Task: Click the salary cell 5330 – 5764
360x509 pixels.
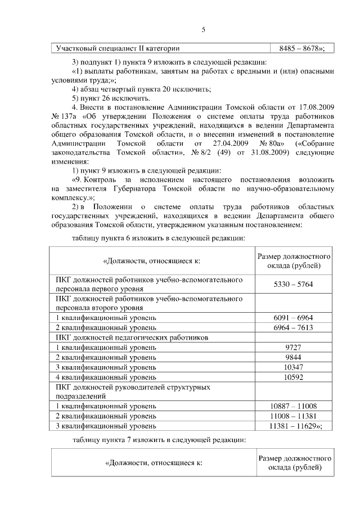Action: click(293, 284)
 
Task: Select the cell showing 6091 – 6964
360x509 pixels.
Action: click(293, 318)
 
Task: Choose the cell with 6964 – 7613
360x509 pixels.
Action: click(293, 327)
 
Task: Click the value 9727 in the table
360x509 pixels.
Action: click(293, 347)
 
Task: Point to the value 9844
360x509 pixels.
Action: click(293, 357)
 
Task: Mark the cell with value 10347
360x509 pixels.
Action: click(293, 367)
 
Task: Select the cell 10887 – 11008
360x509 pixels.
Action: click(293, 406)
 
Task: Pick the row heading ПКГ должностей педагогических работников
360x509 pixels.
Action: click(132, 337)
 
